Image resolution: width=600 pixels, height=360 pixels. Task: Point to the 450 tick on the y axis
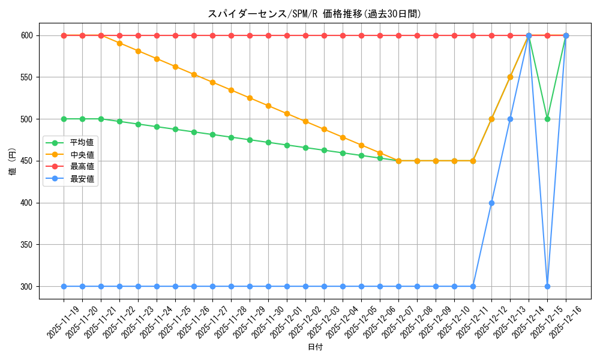tap(28, 161)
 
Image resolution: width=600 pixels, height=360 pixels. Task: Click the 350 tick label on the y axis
tap(28, 245)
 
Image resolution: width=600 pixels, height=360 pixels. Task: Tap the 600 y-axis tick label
tap(28, 35)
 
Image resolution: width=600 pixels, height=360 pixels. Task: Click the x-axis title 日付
tap(314, 347)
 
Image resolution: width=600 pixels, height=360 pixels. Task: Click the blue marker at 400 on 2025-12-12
tap(491, 203)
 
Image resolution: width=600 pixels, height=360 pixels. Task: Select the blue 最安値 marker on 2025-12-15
tap(547, 286)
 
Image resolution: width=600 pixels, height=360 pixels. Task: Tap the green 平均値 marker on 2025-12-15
tap(547, 119)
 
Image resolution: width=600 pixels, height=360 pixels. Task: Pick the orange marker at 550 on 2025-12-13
tap(510, 77)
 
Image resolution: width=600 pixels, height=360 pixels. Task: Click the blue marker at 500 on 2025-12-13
tap(510, 119)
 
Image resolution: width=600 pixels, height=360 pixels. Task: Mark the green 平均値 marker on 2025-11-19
tap(64, 119)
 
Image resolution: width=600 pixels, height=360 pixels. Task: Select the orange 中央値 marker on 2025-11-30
tap(268, 106)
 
